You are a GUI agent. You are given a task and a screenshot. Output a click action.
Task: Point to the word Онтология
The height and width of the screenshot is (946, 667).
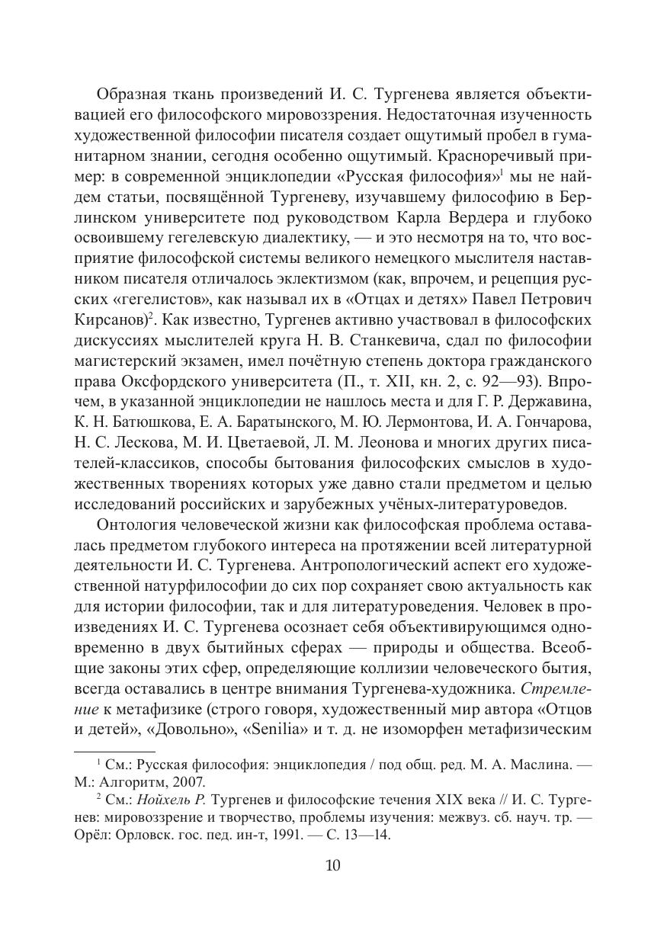(134, 527)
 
